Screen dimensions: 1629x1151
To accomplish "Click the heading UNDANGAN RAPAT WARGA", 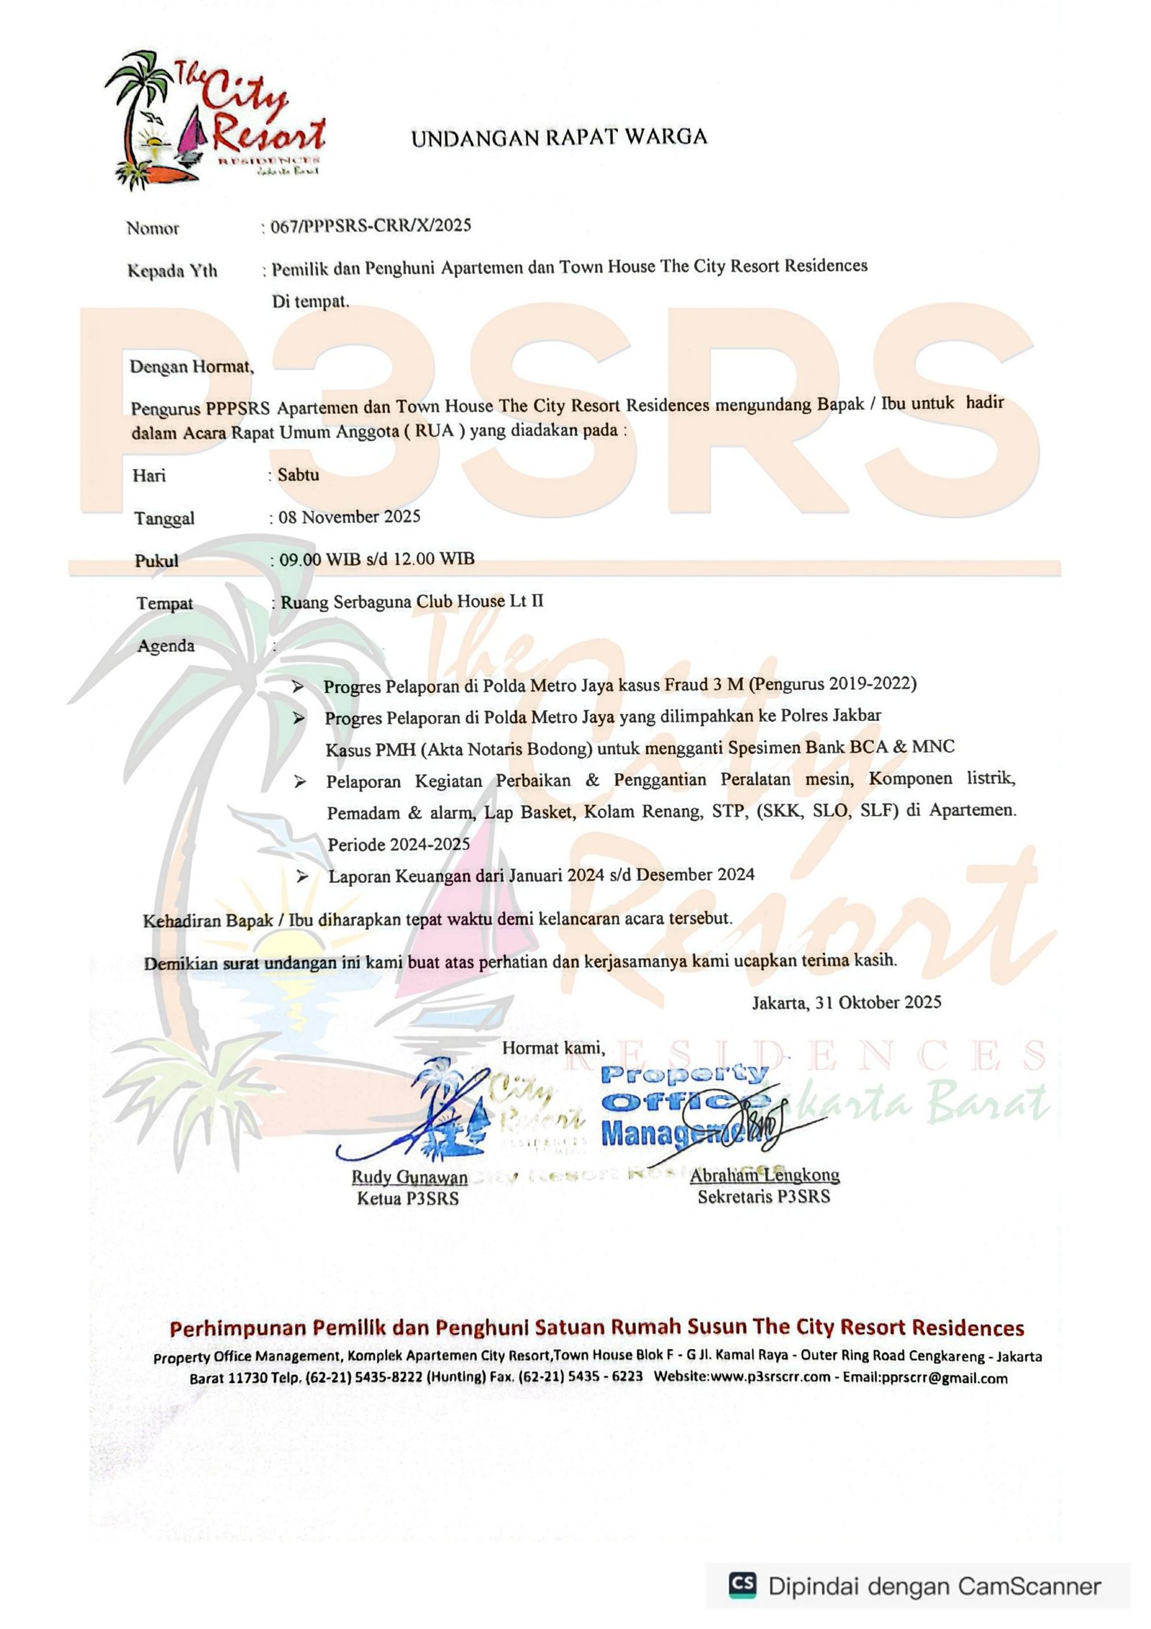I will [x=559, y=137].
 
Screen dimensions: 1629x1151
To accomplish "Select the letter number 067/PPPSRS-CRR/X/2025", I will [x=370, y=226].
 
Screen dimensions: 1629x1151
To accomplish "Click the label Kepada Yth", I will [x=172, y=271].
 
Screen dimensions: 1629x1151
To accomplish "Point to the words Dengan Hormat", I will [x=191, y=367].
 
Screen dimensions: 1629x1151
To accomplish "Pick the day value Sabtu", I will [x=298, y=475].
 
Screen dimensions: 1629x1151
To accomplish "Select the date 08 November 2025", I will [x=349, y=517].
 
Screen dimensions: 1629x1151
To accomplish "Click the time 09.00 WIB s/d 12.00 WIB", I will [x=376, y=559].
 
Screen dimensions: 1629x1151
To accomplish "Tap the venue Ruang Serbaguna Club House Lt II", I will [x=411, y=602].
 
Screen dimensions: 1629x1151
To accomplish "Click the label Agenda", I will [x=165, y=645].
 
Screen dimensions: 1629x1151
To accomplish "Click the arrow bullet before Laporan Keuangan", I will [x=303, y=876].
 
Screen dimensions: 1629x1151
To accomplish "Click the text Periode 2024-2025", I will [x=399, y=844].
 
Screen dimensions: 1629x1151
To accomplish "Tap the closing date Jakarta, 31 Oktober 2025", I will [x=846, y=1002].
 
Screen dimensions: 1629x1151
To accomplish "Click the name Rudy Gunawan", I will [x=409, y=1177].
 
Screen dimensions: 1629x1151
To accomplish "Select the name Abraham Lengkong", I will [x=764, y=1175].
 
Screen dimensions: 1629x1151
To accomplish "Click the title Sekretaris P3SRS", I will [x=763, y=1197].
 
